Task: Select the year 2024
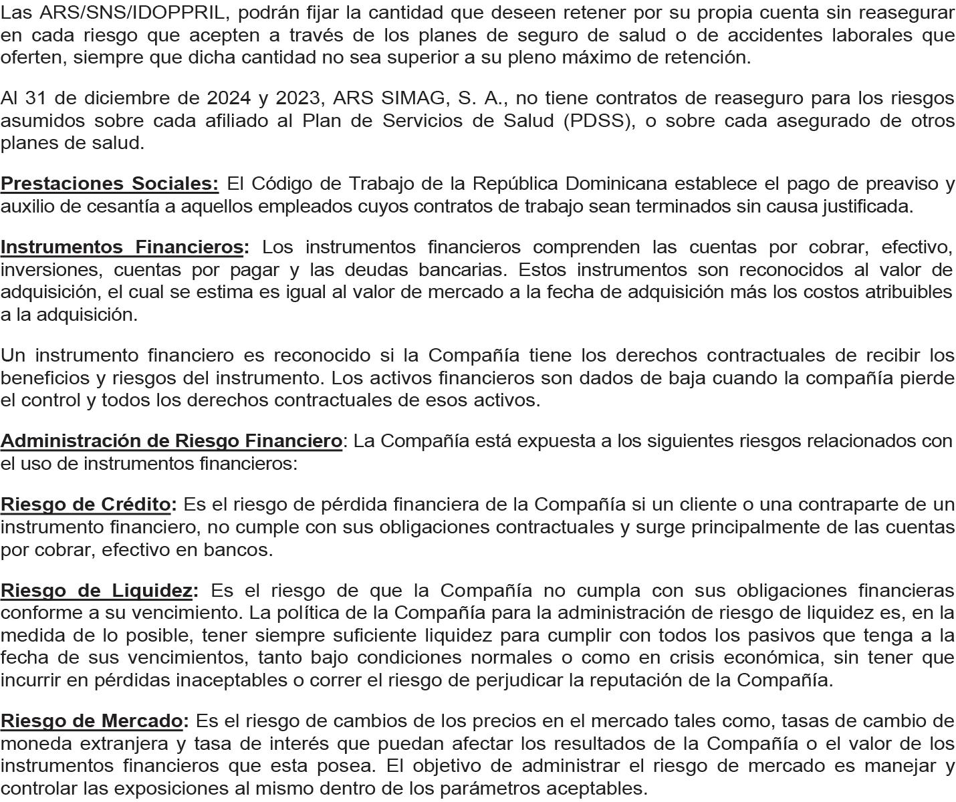tap(229, 98)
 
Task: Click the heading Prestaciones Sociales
tap(109, 184)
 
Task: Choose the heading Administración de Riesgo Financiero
tap(171, 441)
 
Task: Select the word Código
tap(281, 184)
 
